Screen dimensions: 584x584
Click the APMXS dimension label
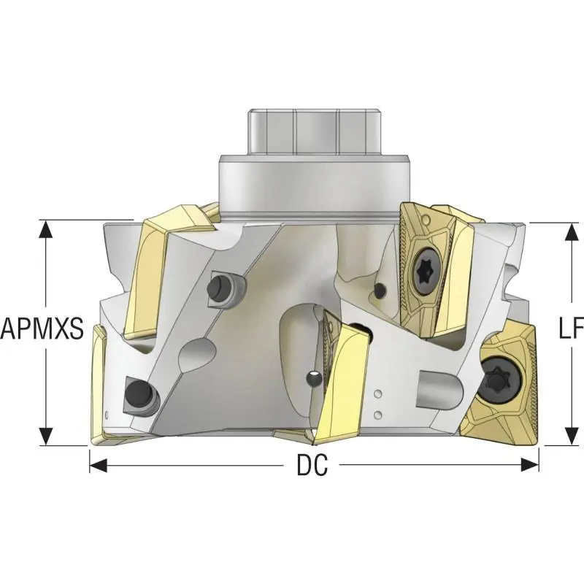[42, 328]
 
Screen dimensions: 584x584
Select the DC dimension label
[312, 465]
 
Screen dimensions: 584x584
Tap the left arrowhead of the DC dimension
[99, 465]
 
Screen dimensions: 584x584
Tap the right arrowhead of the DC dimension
[530, 465]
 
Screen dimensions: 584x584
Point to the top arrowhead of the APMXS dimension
[46, 228]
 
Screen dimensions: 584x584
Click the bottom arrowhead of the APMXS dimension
[46, 437]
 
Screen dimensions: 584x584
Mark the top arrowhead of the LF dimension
[572, 231]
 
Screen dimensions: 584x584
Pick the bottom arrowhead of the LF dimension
[572, 437]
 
